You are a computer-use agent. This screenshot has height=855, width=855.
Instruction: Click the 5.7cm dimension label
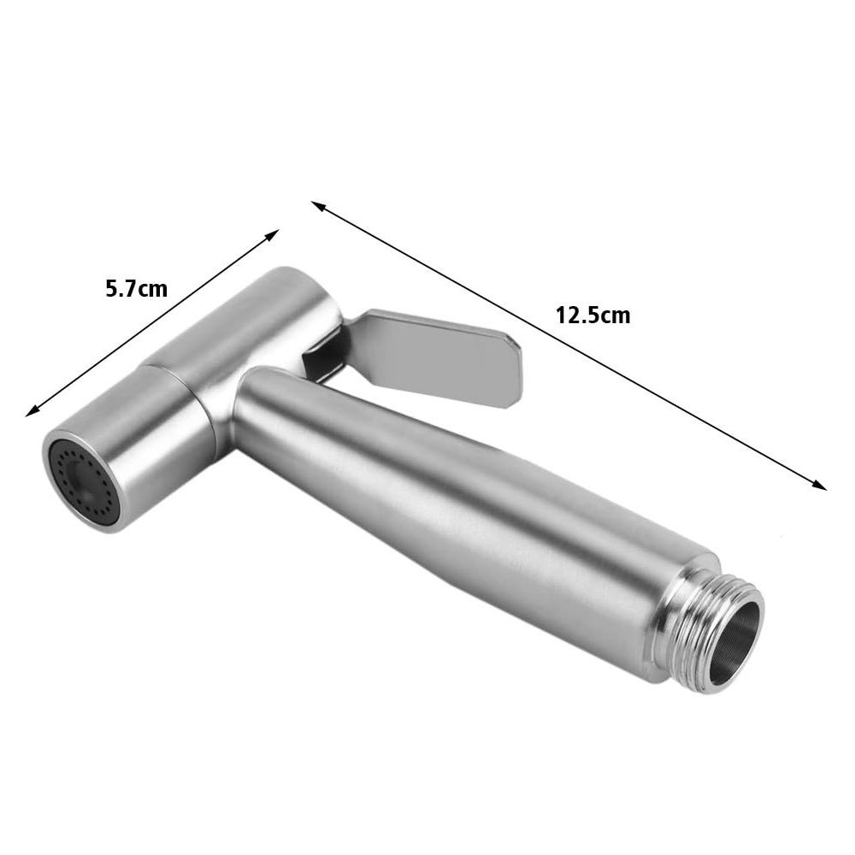[x=135, y=288]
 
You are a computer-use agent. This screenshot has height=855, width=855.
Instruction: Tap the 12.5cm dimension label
[x=593, y=315]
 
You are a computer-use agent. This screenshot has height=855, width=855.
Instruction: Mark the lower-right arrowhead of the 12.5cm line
[x=822, y=485]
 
